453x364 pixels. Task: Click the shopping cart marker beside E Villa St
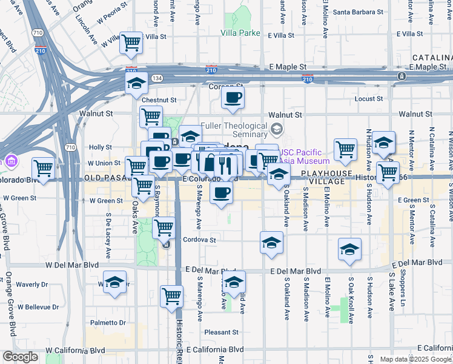[x=131, y=43]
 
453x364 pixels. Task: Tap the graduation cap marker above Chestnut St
[x=136, y=82]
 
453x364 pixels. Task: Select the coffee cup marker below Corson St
[x=233, y=98]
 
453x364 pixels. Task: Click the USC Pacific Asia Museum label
[x=305, y=157]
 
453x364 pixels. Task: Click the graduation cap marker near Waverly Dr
[x=114, y=283]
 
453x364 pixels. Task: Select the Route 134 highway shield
[x=157, y=78]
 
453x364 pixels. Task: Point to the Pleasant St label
[x=221, y=332]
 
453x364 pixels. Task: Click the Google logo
[x=21, y=357]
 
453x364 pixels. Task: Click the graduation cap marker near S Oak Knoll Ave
[x=349, y=249]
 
